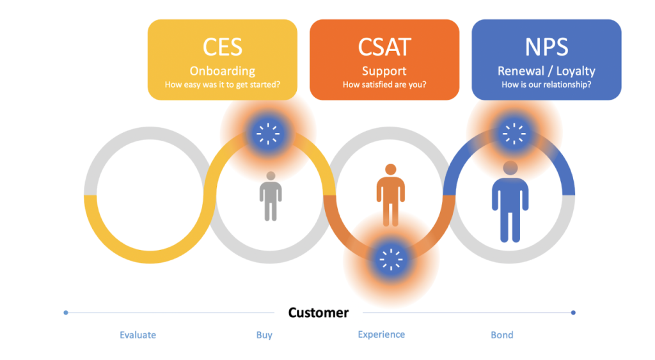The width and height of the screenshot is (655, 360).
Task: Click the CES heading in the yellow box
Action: pyautogui.click(x=222, y=47)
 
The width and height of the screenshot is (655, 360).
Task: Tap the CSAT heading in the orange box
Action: pyautogui.click(x=384, y=47)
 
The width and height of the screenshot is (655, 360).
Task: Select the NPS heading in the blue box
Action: pyautogui.click(x=546, y=47)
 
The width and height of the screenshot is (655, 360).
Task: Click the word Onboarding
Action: pyautogui.click(x=222, y=71)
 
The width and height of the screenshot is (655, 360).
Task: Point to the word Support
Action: pyautogui.click(x=384, y=71)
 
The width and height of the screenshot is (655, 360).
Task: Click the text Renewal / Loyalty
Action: pyautogui.click(x=546, y=71)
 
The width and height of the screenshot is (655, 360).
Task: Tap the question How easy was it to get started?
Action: pyautogui.click(x=222, y=85)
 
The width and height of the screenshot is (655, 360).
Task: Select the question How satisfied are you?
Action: pyautogui.click(x=384, y=85)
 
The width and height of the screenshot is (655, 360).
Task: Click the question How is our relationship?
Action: pyautogui.click(x=546, y=85)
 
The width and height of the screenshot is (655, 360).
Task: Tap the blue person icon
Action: pyautogui.click(x=510, y=201)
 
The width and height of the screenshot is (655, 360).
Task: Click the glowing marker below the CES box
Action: pyautogui.click(x=267, y=133)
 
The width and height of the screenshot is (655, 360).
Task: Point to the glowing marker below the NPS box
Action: pyautogui.click(x=514, y=133)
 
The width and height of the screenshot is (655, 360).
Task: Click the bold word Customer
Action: pyautogui.click(x=319, y=313)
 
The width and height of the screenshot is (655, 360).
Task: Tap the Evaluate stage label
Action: pyautogui.click(x=138, y=335)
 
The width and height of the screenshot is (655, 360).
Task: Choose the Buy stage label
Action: pyautogui.click(x=264, y=335)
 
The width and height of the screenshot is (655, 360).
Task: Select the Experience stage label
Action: pyautogui.click(x=381, y=334)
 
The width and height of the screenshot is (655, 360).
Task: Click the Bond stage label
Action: pyautogui.click(x=502, y=335)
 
